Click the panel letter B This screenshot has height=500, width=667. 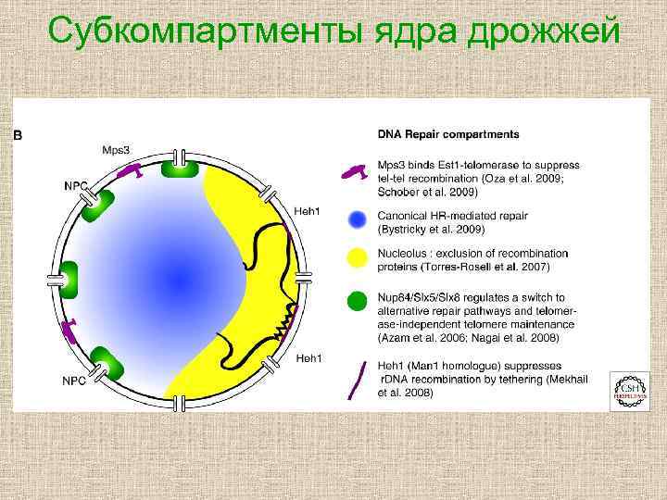[18, 135]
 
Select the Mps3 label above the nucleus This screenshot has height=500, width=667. [117, 149]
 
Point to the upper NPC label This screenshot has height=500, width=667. [75, 185]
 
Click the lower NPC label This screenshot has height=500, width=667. [76, 379]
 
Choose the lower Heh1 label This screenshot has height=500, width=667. [308, 357]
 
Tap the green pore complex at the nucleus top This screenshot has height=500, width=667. [180, 167]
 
